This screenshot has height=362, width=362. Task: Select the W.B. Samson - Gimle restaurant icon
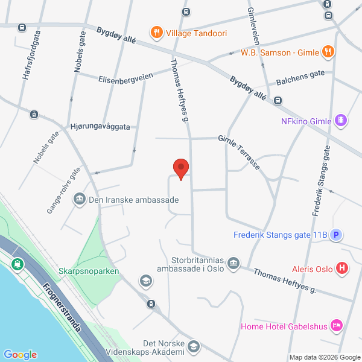point(327,51)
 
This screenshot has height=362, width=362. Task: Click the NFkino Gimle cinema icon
point(341,121)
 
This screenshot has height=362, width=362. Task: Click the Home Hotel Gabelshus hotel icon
point(337,326)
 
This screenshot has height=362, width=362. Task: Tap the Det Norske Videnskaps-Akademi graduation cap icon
point(193,346)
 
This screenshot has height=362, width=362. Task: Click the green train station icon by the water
point(17,264)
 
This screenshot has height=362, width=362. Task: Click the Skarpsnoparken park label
point(89,271)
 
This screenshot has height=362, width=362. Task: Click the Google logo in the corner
point(21,354)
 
